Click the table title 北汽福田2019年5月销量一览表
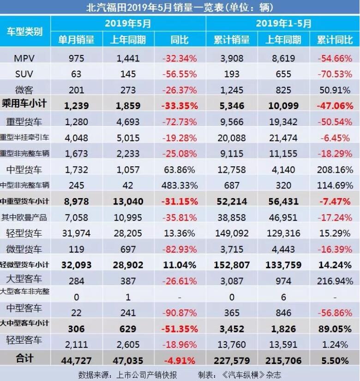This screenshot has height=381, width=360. [180, 7]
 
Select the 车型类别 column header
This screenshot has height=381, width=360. [25, 31]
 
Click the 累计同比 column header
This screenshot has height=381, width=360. [334, 40]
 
